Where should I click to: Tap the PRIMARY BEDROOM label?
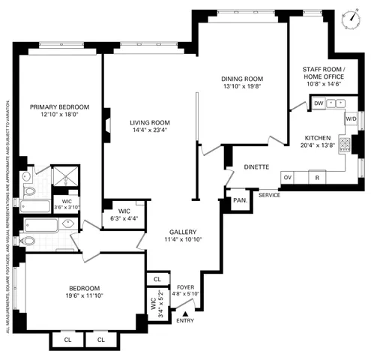click(x=59, y=107)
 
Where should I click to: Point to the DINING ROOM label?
click(x=241, y=79)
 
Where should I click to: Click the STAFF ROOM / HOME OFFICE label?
click(x=322, y=73)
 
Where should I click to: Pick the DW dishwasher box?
click(x=319, y=103)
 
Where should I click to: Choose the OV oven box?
click(x=288, y=177)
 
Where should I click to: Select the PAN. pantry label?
click(x=239, y=201)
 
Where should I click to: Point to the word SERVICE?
click(x=268, y=195)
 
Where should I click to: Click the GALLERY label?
click(x=182, y=232)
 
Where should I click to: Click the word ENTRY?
click(x=184, y=320)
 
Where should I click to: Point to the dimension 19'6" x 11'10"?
click(x=80, y=296)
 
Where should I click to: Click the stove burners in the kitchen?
click(x=344, y=142)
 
